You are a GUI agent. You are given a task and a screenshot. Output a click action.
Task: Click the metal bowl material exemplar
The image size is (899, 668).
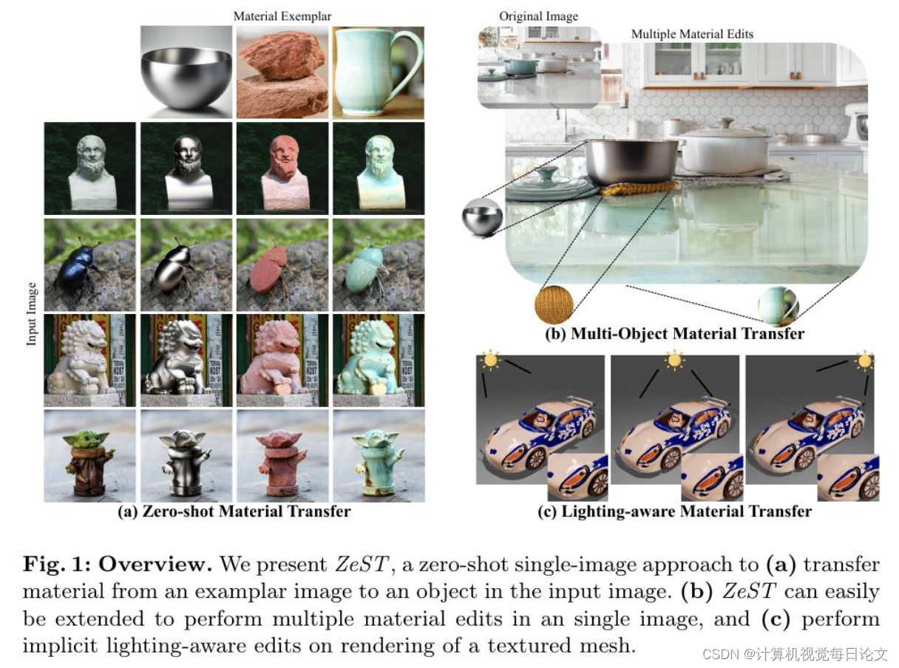186,72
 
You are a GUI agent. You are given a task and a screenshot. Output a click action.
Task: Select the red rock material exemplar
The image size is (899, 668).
283,72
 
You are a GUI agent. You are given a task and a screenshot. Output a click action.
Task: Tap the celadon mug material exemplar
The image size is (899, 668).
378,72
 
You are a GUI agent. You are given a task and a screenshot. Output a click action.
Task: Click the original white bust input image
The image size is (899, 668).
90,168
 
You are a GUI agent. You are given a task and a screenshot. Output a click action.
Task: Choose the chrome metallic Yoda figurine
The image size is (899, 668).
186,456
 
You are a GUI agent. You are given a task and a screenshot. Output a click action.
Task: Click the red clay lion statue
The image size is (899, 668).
283,360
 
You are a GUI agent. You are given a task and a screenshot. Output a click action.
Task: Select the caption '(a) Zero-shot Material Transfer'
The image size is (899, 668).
234,511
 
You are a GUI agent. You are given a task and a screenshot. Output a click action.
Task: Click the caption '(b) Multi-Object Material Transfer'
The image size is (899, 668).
674,334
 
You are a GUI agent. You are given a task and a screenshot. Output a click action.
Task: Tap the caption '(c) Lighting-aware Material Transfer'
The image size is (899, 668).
674,511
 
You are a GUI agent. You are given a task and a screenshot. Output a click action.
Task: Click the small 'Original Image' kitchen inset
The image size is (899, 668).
538,67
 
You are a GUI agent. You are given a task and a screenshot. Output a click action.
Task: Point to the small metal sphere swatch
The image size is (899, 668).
482,217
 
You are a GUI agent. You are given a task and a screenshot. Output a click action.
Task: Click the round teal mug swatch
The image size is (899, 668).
778,305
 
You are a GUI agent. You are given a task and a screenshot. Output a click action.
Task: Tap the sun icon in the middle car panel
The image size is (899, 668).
674,361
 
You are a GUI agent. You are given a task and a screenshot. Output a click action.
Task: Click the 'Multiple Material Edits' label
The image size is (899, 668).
692,34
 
